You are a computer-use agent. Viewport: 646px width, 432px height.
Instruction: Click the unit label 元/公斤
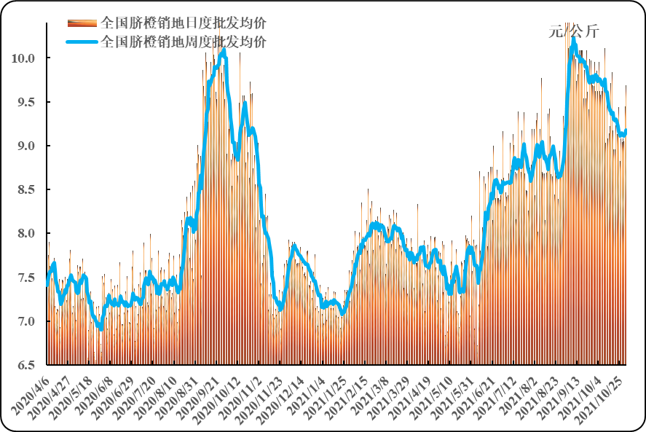(x=573, y=31)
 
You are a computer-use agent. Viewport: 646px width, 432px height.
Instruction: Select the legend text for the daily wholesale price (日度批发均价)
(x=183, y=21)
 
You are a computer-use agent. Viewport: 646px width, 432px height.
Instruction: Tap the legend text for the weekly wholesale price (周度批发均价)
(x=183, y=41)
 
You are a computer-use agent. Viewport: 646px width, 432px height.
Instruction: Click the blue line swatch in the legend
(x=82, y=42)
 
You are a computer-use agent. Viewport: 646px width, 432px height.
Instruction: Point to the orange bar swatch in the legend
(x=82, y=22)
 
